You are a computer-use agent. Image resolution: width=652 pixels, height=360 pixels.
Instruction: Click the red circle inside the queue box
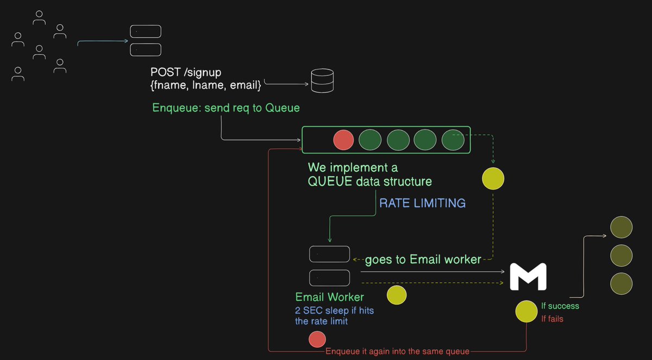343,140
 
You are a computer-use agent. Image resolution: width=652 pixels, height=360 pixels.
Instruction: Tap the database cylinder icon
322,80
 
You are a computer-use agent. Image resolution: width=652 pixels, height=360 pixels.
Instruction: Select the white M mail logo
528,277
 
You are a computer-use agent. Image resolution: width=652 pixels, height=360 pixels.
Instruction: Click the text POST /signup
186,72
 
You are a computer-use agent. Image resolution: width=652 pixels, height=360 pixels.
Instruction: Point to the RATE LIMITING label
422,203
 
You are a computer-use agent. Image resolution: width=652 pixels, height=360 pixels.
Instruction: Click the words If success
560,306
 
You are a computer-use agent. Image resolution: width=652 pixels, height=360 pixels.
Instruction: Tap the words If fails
552,319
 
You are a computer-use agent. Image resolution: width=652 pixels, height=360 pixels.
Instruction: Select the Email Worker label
330,297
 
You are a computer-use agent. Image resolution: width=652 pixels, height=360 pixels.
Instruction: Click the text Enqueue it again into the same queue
397,351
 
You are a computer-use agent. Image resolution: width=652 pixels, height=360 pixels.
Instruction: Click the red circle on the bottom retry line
317,340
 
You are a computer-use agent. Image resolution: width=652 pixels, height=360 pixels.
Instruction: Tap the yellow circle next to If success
526,311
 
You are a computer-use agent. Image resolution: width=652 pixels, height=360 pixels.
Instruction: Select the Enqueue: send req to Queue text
226,108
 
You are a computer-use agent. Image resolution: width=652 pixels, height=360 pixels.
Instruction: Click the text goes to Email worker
423,260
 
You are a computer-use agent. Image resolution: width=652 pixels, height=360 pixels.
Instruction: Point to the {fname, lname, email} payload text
206,85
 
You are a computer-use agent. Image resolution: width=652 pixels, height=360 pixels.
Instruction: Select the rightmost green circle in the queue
453,140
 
